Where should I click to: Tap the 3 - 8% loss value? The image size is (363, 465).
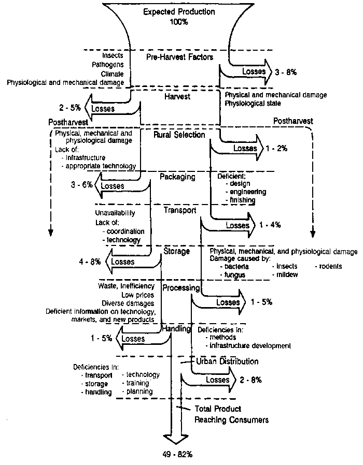coord(285,72)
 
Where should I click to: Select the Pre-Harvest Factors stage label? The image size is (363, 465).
coord(179,57)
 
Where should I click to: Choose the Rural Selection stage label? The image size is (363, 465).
coord(179,135)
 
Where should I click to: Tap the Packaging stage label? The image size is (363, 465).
coord(177,177)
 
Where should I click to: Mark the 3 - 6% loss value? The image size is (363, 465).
coord(81,184)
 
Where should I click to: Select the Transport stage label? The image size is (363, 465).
coord(179,210)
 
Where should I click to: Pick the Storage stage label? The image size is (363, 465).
coord(177,251)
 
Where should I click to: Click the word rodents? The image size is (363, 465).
coord(330,266)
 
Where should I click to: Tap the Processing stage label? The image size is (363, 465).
coord(181,288)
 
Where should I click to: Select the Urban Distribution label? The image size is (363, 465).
coord(227,361)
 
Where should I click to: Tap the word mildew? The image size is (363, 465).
coord(287,274)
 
